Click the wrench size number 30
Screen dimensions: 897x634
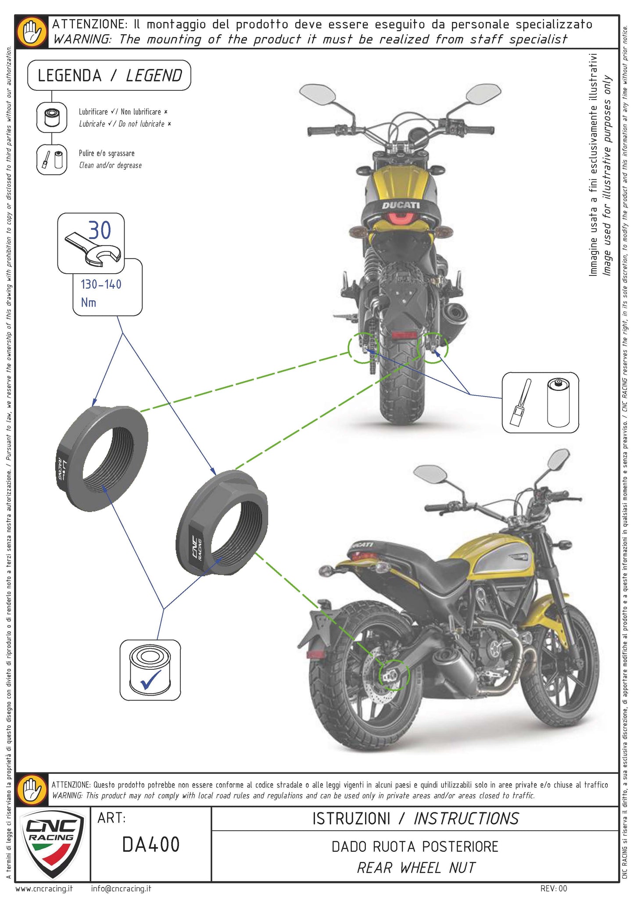click(x=100, y=230)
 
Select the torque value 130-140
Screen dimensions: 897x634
click(x=101, y=285)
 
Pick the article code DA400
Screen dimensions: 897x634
click(x=150, y=844)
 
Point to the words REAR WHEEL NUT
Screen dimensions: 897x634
click(x=416, y=867)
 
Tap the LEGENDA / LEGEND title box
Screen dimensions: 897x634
click(x=109, y=76)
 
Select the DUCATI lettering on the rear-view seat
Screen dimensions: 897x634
click(x=400, y=205)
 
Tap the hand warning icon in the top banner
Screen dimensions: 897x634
click(x=32, y=32)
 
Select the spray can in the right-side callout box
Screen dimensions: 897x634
click(x=558, y=403)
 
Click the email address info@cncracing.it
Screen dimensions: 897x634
click(x=121, y=889)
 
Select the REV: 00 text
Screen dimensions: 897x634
click(x=554, y=889)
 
